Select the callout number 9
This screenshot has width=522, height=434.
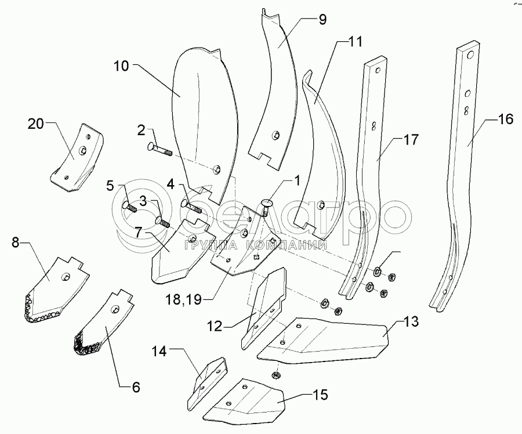point(322,20)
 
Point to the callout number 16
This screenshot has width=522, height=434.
point(505,120)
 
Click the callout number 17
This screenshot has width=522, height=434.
point(411,140)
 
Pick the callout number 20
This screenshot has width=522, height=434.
point(36,124)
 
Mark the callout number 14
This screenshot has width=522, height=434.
point(161,351)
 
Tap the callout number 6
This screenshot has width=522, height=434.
point(136,386)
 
